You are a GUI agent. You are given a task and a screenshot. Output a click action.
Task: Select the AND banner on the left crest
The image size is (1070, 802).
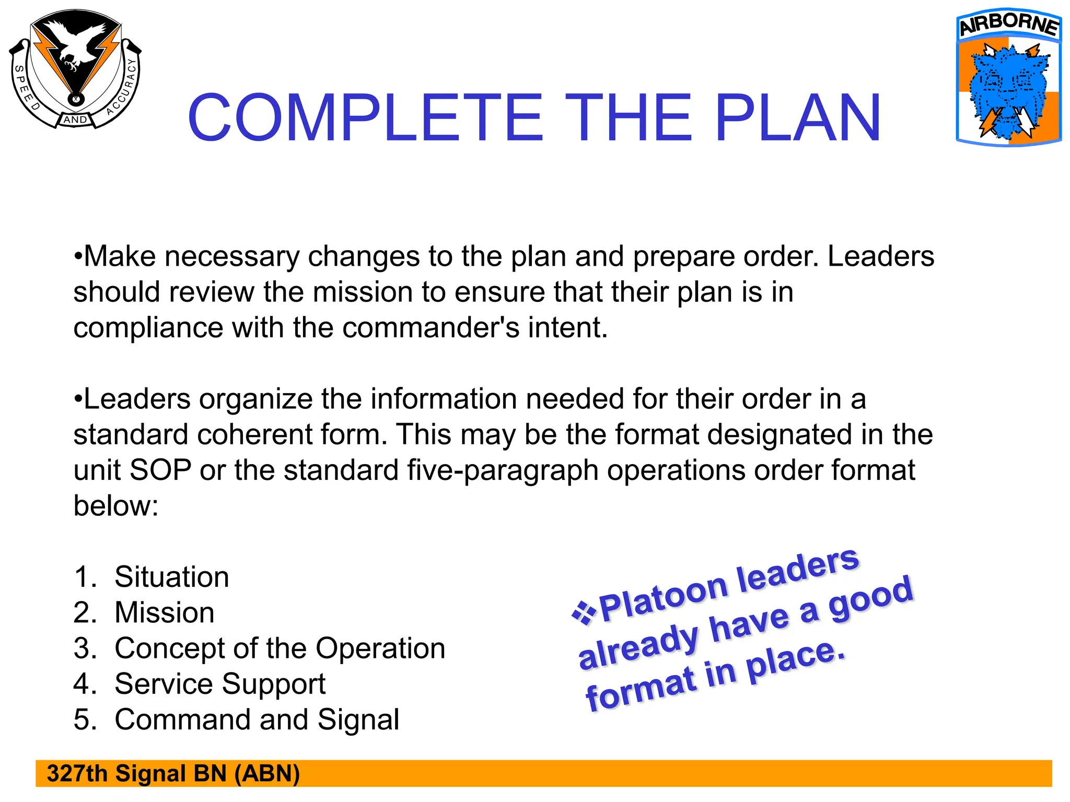[75, 120]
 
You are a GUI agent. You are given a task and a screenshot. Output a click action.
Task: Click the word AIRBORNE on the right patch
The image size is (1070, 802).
[1009, 24]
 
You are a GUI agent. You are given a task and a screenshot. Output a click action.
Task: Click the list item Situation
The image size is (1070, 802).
[171, 577]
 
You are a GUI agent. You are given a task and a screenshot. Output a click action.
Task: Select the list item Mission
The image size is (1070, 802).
[164, 612]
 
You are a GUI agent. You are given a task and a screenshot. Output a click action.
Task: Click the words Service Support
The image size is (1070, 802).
[219, 684]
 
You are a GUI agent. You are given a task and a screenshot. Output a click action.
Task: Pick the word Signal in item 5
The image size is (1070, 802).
[358, 720]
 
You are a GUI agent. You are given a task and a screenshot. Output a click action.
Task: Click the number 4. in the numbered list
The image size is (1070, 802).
[85, 684]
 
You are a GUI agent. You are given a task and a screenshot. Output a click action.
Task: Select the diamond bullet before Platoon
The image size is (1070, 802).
[584, 612]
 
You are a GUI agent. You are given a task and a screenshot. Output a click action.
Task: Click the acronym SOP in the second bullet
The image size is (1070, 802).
[160, 470]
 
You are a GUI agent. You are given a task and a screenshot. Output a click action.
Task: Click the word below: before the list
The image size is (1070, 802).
[115, 505]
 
